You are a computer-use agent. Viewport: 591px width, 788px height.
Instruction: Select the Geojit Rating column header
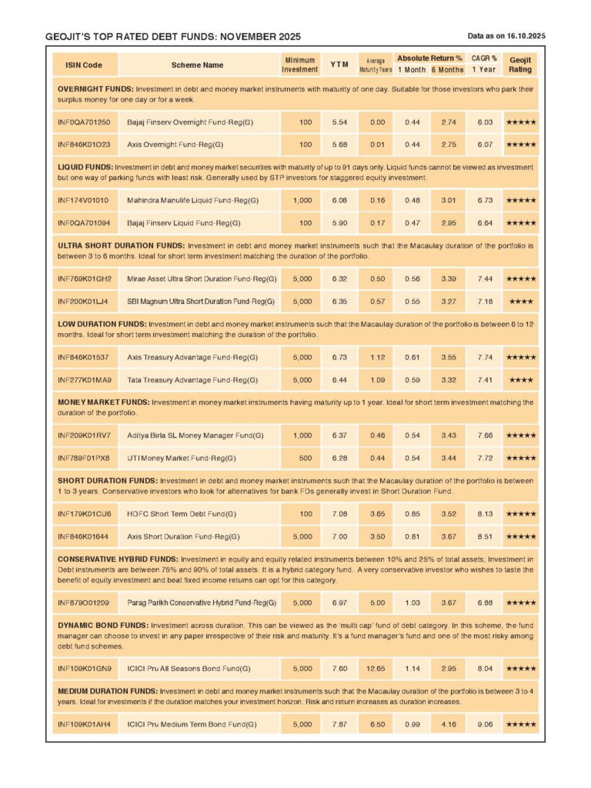(x=520, y=65)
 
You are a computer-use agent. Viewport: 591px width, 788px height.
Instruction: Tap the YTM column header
(x=339, y=65)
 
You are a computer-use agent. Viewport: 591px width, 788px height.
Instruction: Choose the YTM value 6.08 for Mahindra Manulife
(x=339, y=200)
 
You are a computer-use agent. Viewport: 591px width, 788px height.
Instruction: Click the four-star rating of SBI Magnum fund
(x=520, y=300)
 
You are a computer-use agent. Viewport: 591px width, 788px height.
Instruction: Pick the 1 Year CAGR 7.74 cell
(x=484, y=357)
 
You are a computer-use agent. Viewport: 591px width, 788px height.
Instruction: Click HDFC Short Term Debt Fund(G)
(x=182, y=513)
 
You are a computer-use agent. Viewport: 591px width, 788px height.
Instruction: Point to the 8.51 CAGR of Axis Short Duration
(x=484, y=536)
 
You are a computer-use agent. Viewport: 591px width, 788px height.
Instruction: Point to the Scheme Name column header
(x=198, y=65)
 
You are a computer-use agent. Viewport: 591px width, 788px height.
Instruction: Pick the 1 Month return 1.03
(x=412, y=602)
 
